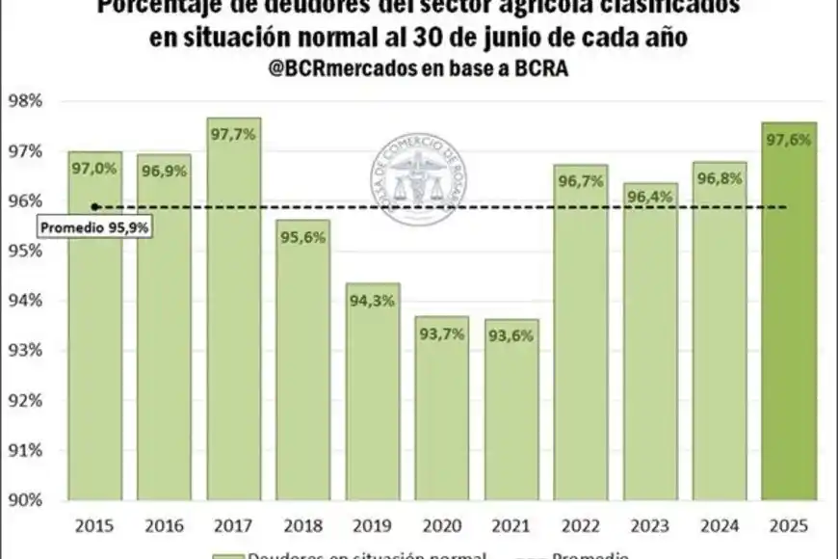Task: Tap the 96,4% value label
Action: (651, 199)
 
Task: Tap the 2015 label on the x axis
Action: (94, 526)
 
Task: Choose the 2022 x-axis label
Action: (582, 526)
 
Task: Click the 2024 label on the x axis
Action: (720, 526)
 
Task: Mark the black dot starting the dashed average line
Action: (94, 206)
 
